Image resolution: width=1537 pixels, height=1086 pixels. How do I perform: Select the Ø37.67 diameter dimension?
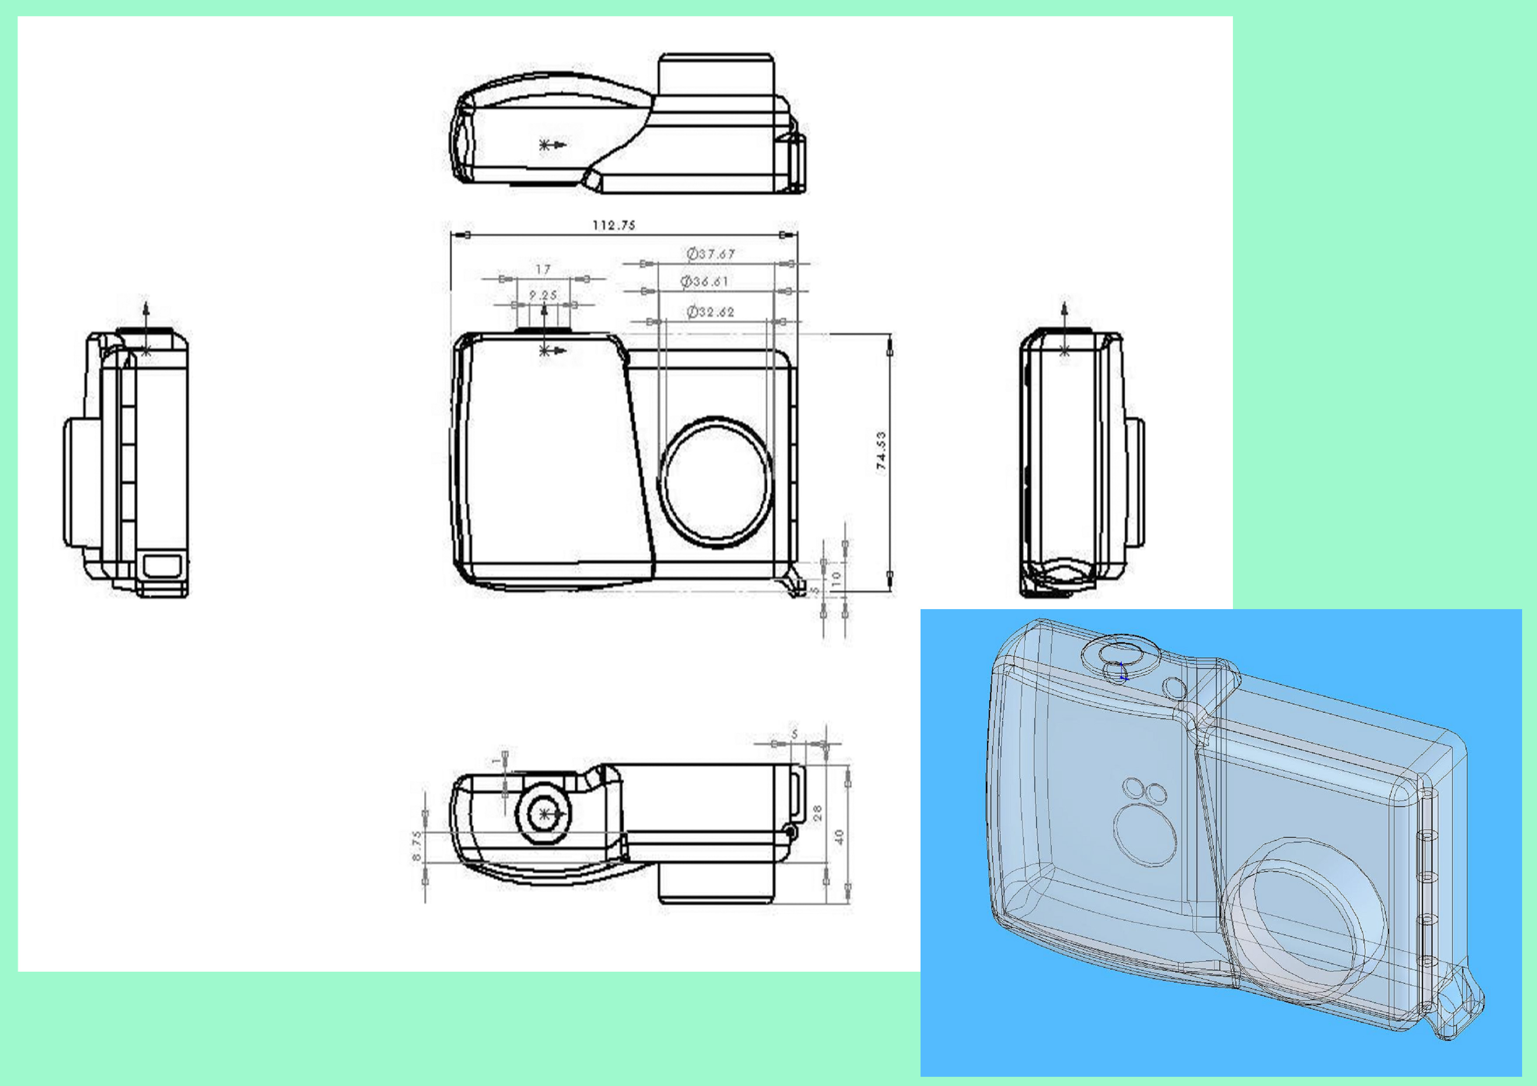[x=711, y=254]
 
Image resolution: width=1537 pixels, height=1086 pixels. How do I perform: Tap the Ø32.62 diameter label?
[x=710, y=312]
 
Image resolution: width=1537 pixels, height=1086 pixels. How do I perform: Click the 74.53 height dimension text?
[x=882, y=451]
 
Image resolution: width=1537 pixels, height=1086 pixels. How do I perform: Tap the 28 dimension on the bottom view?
[x=818, y=813]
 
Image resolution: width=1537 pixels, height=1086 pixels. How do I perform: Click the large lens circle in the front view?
[x=715, y=482]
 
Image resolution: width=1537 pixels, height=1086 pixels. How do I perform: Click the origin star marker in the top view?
[x=545, y=145]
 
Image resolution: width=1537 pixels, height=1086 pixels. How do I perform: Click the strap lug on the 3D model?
[x=1459, y=1010]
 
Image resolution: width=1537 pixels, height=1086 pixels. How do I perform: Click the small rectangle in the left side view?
[x=163, y=565]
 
